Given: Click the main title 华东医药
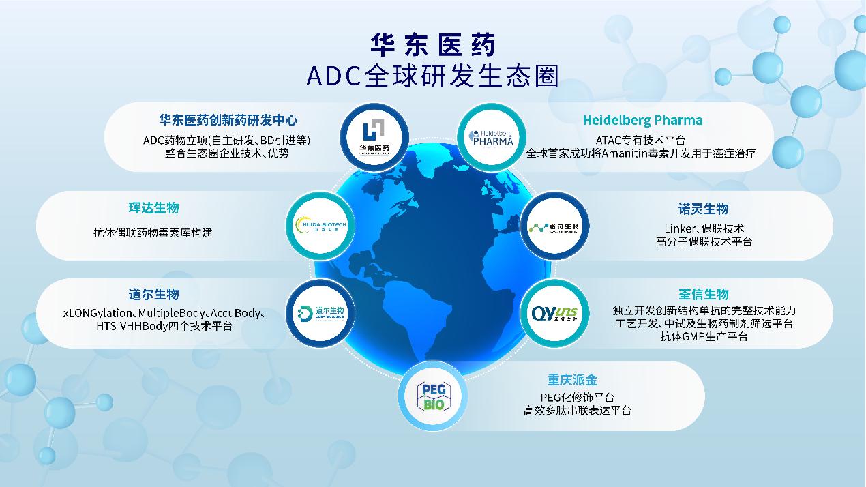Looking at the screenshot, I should click(x=432, y=45).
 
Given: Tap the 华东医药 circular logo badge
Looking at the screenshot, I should click(x=374, y=136).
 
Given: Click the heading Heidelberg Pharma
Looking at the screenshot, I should click(x=642, y=120).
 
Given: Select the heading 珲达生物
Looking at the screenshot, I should click(x=153, y=208).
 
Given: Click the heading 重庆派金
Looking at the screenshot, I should click(x=572, y=379).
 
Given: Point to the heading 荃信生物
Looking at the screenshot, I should click(x=704, y=295).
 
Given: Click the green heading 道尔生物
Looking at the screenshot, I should click(x=153, y=295).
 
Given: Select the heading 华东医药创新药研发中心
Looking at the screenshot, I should click(x=228, y=120).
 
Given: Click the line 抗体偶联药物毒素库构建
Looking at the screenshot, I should click(x=153, y=233).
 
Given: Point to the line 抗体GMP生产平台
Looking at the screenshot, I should click(x=704, y=336).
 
